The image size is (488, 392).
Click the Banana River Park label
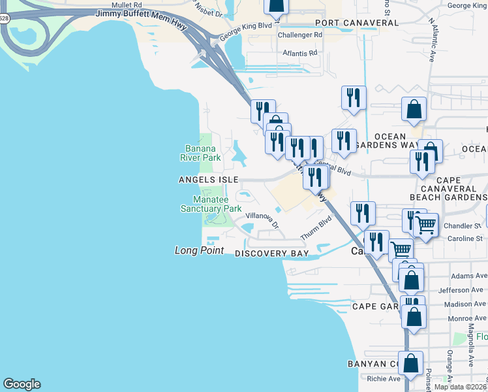pos(200,152)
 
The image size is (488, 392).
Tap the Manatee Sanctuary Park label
pos(211,204)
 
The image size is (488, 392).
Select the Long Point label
pos(199,250)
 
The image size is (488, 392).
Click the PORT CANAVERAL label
pos(355,23)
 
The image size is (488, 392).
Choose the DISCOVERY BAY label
pos(271,253)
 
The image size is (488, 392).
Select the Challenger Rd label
pos(300,35)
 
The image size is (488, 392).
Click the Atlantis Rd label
pos(299,52)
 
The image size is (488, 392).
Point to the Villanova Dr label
pos(262,221)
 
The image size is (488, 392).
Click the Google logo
pos(22,384)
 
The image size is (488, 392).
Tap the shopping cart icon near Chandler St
pos(425,225)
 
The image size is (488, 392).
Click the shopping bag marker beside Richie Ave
pos(410,363)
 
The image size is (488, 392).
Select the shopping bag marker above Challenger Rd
pos(276,6)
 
